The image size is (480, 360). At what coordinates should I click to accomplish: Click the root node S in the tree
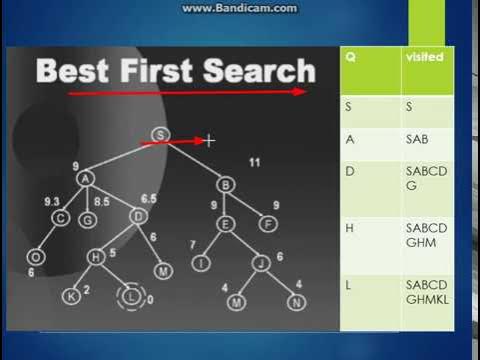click(159, 134)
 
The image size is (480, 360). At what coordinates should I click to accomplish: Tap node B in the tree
click(226, 184)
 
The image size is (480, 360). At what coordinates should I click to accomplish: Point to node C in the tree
click(60, 218)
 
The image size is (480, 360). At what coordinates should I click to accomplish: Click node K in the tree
click(71, 295)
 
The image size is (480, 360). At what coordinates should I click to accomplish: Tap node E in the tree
click(226, 224)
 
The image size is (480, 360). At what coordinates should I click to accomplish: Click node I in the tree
click(201, 263)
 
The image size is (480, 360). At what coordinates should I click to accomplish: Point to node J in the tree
click(259, 263)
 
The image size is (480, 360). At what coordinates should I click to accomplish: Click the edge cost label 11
click(255, 161)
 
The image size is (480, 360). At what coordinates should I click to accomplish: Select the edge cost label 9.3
click(53, 201)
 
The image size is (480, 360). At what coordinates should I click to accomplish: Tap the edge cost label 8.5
click(101, 201)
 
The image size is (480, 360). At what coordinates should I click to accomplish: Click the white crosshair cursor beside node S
click(209, 140)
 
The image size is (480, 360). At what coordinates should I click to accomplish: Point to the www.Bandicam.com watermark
click(239, 8)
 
